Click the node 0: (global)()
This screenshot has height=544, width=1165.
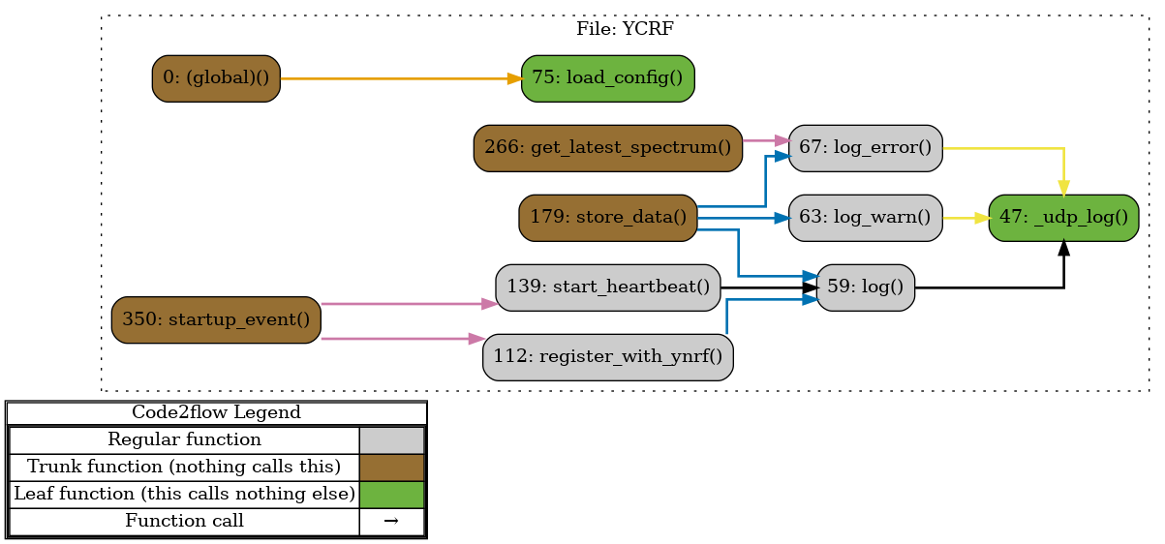click(216, 78)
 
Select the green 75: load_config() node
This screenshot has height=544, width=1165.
click(607, 78)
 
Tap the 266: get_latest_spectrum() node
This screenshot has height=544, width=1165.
click(607, 148)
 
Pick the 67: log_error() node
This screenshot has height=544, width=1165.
click(865, 148)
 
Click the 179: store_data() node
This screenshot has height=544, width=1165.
click(607, 218)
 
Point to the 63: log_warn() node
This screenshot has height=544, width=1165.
click(865, 218)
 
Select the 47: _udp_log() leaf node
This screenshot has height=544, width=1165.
click(1062, 218)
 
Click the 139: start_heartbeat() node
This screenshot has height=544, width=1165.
click(607, 287)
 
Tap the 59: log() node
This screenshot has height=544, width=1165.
click(865, 287)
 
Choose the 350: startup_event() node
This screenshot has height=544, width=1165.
click(216, 319)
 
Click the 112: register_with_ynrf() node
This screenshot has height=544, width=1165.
click(607, 357)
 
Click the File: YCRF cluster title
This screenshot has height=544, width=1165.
click(625, 29)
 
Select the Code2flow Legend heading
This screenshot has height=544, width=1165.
click(216, 413)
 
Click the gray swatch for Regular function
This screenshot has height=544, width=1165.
click(391, 440)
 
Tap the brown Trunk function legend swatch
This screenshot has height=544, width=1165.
click(391, 468)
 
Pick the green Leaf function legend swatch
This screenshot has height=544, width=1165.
click(391, 495)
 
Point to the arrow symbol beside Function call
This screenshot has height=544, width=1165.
click(391, 522)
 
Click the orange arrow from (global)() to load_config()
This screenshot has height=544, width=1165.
click(397, 78)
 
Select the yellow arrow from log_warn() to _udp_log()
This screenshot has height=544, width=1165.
click(965, 218)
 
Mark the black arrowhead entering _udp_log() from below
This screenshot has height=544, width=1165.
click(1063, 249)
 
